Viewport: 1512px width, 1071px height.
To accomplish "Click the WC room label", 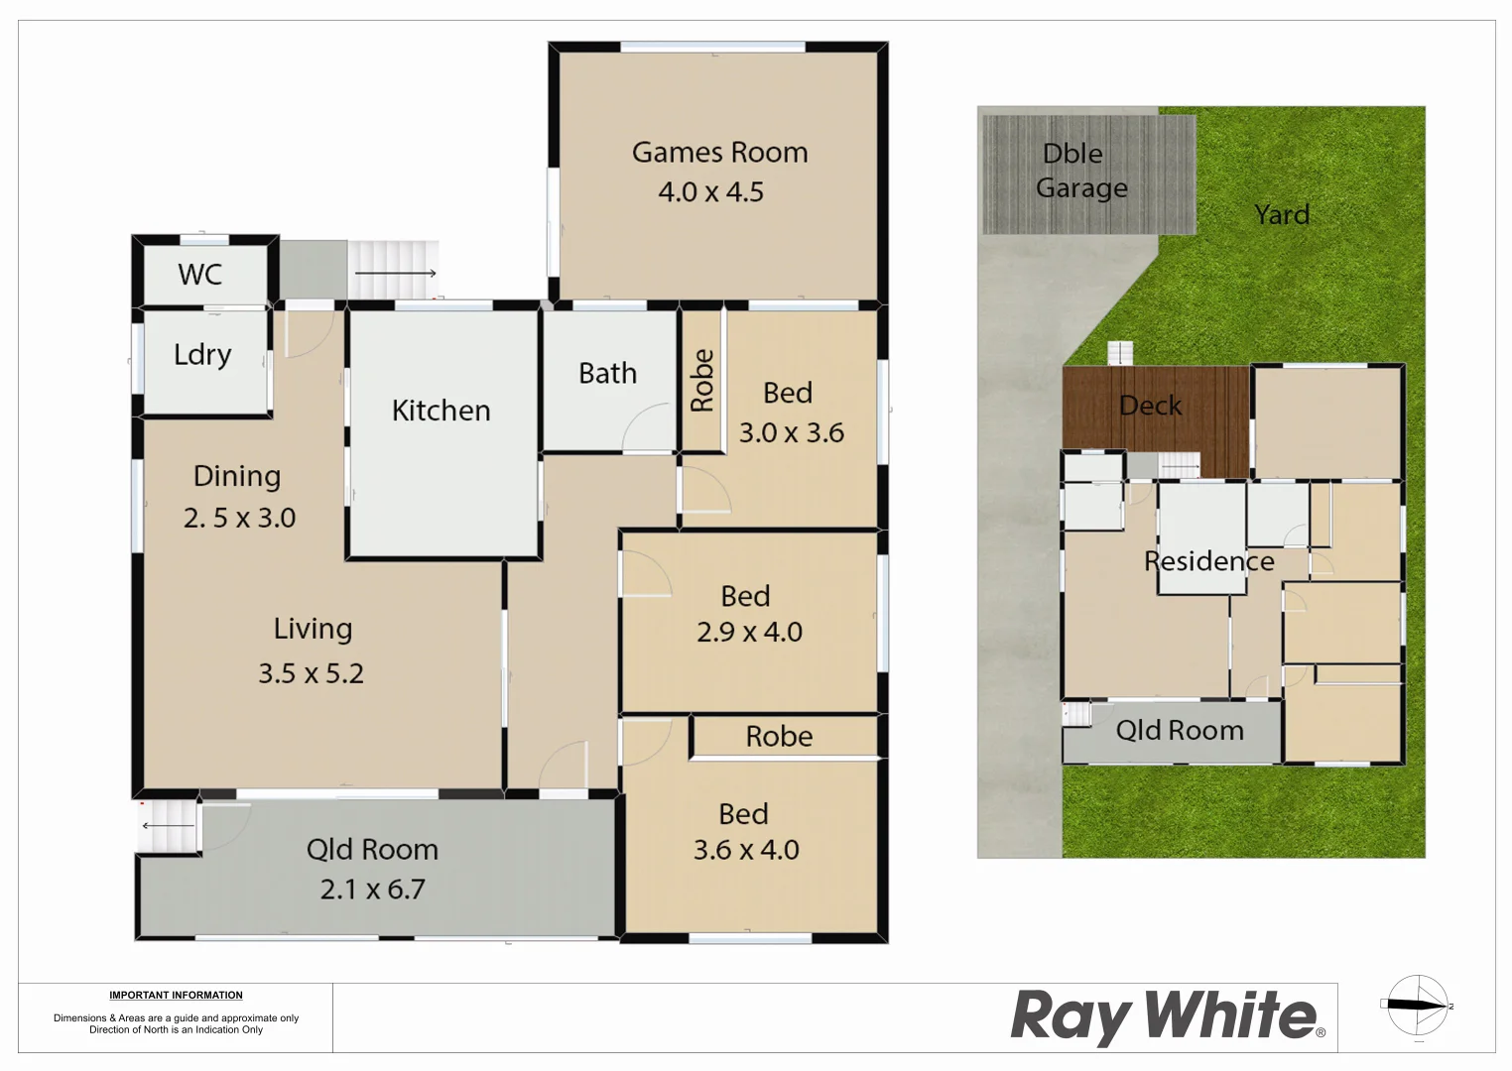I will pos(200,275).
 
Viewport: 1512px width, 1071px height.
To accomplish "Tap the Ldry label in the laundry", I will pos(202,355).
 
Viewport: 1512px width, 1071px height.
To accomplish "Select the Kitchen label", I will pos(441,411).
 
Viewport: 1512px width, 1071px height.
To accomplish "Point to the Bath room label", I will pos(607,373).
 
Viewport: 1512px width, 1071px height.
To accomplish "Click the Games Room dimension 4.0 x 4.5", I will pos(711,192).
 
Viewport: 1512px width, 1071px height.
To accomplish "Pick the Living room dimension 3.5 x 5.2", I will pos(311,673).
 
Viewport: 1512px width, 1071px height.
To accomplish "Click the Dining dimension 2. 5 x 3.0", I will pos(240,518).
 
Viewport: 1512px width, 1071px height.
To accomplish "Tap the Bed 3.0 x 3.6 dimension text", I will pos(792,433).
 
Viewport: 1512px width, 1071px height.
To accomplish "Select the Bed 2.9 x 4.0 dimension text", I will pos(750,632).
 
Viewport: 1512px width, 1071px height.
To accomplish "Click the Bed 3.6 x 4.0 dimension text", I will pos(746,850).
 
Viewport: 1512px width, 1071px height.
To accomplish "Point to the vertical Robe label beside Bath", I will pos(702,380).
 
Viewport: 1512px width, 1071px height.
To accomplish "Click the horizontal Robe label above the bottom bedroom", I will pos(779,737).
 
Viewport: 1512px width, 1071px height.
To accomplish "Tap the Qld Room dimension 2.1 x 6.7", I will pos(372,890).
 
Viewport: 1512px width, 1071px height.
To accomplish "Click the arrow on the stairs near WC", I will pos(395,273).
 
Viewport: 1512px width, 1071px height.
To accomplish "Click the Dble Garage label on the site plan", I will pos(1081,171).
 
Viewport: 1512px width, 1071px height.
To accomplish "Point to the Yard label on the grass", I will pos(1282,214).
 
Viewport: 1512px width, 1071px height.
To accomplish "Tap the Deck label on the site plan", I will pos(1150,406).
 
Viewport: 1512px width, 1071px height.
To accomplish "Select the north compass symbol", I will pos(1418,1006).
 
